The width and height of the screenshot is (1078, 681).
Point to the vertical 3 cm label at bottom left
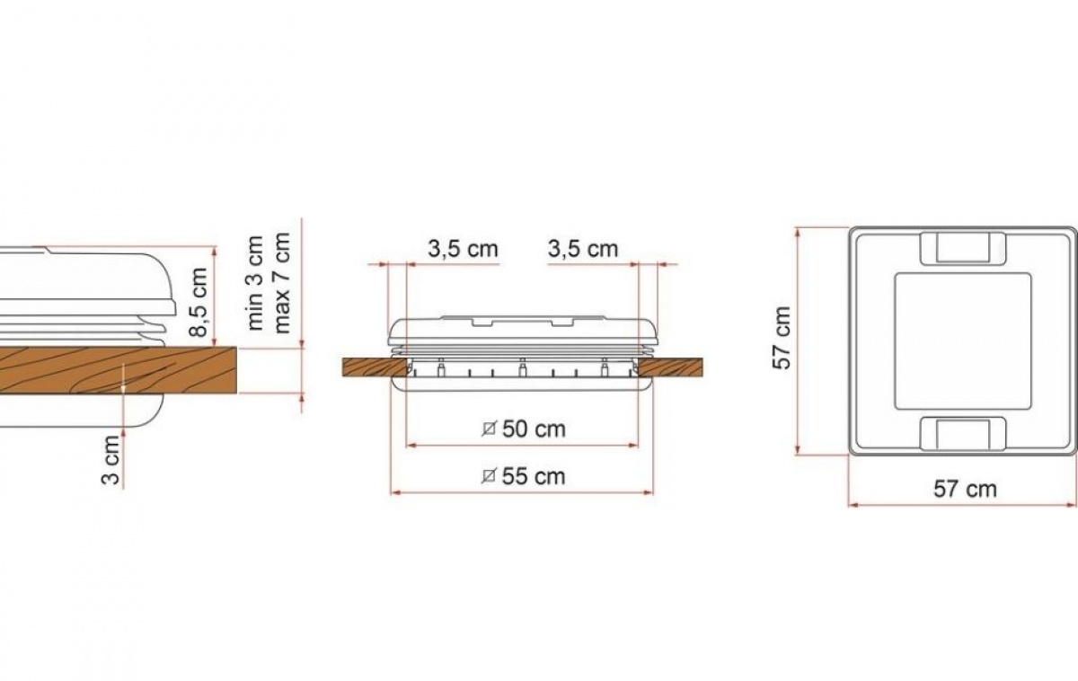click(x=110, y=461)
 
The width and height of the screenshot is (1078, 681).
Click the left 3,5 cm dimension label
click(x=463, y=249)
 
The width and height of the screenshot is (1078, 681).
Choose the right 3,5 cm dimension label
click(x=583, y=249)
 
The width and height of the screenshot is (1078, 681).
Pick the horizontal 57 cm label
click(x=965, y=490)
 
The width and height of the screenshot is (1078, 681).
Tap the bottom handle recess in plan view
click(x=962, y=433)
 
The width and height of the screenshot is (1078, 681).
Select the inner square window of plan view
click(x=962, y=340)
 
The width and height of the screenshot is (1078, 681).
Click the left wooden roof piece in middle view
click(x=368, y=367)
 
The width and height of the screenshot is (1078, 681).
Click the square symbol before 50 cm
click(x=489, y=429)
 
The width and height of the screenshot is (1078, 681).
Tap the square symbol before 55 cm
click(x=489, y=476)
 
